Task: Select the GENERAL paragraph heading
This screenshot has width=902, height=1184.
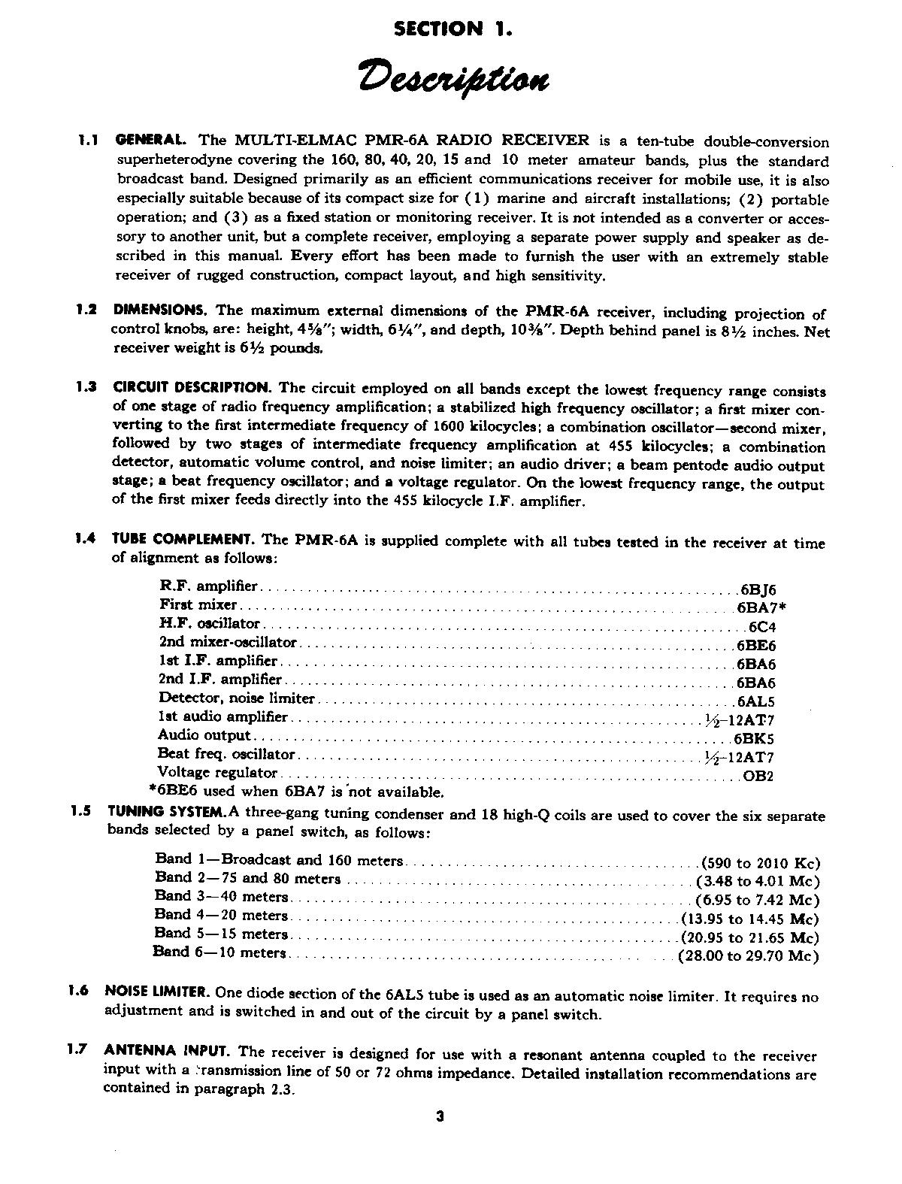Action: pyautogui.click(x=150, y=141)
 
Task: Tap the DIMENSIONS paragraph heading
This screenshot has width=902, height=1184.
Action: pyautogui.click(x=159, y=309)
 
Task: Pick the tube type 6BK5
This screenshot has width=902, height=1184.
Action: pyautogui.click(x=755, y=738)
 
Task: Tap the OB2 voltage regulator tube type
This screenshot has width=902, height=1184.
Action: pyautogui.click(x=758, y=776)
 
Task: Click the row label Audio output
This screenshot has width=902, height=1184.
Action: pyautogui.click(x=204, y=735)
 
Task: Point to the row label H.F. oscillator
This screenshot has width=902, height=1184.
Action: pyautogui.click(x=210, y=623)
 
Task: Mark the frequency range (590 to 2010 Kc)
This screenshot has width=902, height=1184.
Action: pyautogui.click(x=759, y=862)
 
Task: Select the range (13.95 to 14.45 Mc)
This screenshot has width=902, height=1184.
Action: pyautogui.click(x=750, y=919)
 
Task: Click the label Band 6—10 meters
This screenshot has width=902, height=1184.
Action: pyautogui.click(x=219, y=952)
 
